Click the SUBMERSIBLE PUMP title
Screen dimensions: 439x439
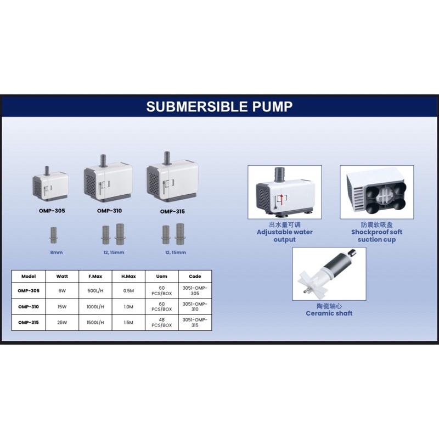219,106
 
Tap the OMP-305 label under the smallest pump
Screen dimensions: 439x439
52,211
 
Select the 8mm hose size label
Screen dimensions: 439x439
57,252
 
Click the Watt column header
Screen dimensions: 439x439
62,277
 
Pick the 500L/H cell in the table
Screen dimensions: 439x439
95,291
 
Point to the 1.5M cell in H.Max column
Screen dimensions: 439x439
128,323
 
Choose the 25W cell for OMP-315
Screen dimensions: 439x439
62,323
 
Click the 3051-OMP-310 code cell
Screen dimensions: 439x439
195,307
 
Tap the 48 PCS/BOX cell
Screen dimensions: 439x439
161,323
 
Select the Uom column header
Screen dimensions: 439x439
161,277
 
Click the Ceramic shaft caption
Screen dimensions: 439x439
329,313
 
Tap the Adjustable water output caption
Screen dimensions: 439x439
284,236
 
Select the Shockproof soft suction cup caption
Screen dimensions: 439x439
376,236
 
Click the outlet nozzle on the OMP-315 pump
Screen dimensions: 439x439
167,158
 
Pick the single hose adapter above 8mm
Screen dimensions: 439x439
53,235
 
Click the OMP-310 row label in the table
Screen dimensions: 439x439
29,307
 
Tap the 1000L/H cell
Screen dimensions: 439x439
95,307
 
